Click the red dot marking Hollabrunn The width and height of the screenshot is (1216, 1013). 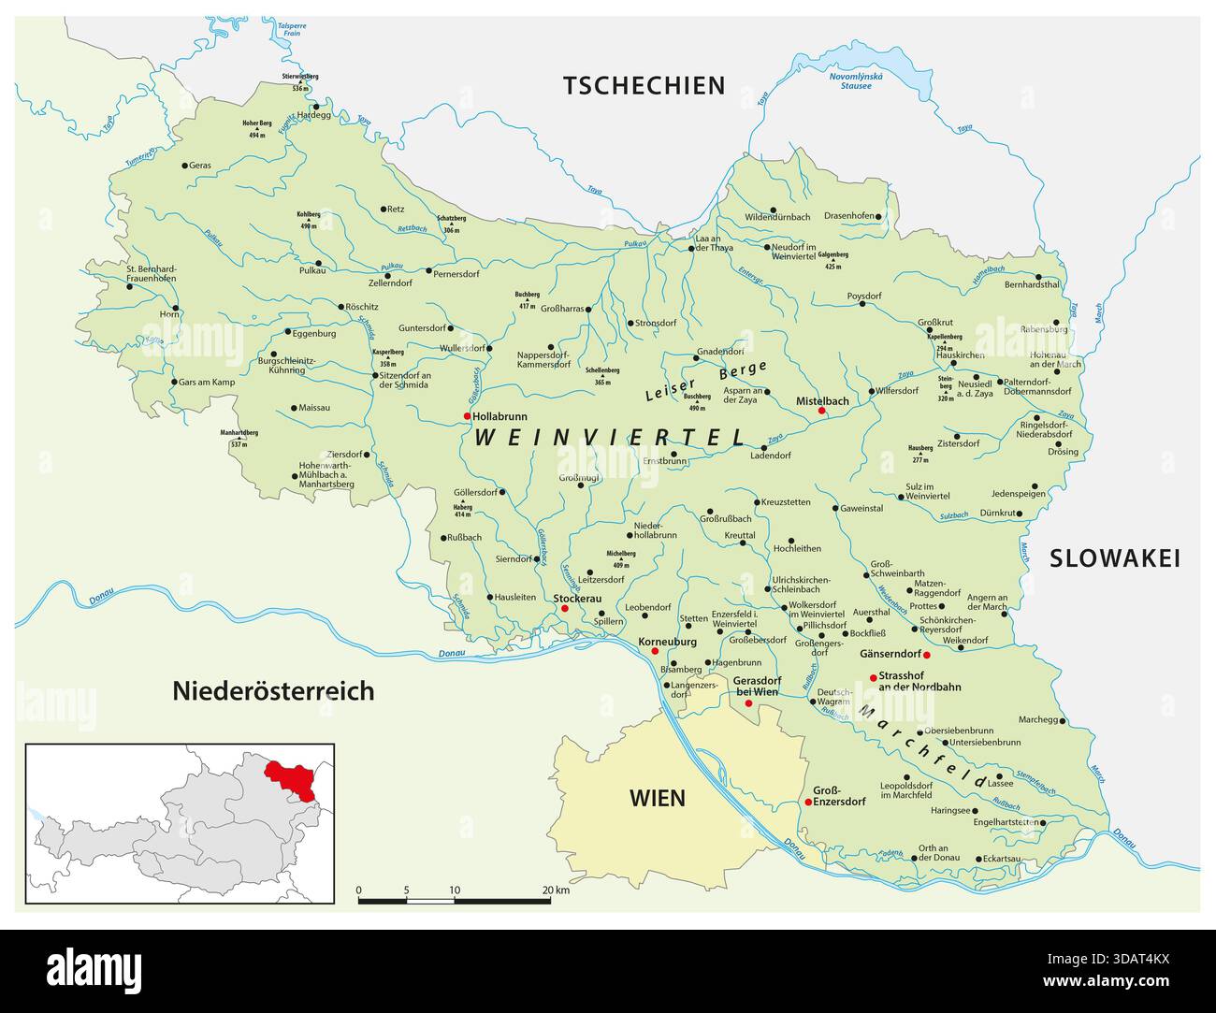467,416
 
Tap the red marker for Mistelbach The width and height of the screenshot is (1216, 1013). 822,411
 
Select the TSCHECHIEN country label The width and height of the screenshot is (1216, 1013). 644,86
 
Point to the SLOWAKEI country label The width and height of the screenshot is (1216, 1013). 1114,558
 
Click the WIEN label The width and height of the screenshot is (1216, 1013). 657,798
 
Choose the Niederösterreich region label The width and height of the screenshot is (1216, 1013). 273,691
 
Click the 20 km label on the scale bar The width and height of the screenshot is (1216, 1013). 555,890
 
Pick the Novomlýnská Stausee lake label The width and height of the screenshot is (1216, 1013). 850,81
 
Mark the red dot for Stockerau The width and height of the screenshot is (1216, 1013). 564,609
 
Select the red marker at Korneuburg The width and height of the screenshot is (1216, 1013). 655,651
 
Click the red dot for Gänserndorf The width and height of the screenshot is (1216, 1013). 926,655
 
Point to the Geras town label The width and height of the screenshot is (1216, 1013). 200,166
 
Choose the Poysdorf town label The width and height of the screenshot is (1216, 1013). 864,297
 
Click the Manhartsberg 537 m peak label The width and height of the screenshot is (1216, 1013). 239,438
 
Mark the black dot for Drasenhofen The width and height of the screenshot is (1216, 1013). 880,216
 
